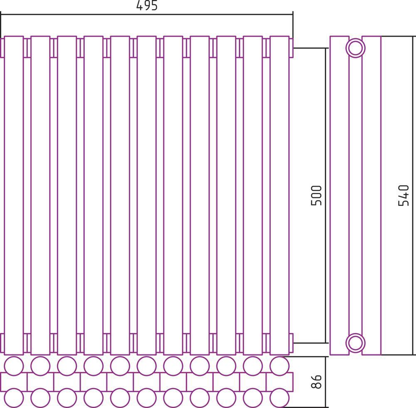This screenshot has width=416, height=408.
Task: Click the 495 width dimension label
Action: pos(147,5)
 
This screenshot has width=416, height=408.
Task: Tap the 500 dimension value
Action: pos(316,195)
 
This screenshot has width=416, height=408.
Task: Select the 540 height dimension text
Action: pos(404,195)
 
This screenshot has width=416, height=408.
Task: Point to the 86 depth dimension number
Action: pos(316,382)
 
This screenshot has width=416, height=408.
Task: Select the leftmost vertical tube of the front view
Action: pos(14,195)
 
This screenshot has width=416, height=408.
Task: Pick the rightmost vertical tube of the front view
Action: pos(280,195)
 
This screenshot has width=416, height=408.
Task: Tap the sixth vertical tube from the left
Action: pos(147,195)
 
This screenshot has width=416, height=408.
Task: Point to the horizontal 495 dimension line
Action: pos(147,14)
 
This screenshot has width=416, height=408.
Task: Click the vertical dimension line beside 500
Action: pos(326,195)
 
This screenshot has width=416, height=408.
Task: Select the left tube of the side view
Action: pos(339,195)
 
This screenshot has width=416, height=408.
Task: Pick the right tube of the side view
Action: pos(371,195)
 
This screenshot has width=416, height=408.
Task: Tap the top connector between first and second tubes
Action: pos(27,48)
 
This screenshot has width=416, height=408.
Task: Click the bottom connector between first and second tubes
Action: pos(27,343)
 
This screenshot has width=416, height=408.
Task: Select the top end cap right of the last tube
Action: pos(291,48)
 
